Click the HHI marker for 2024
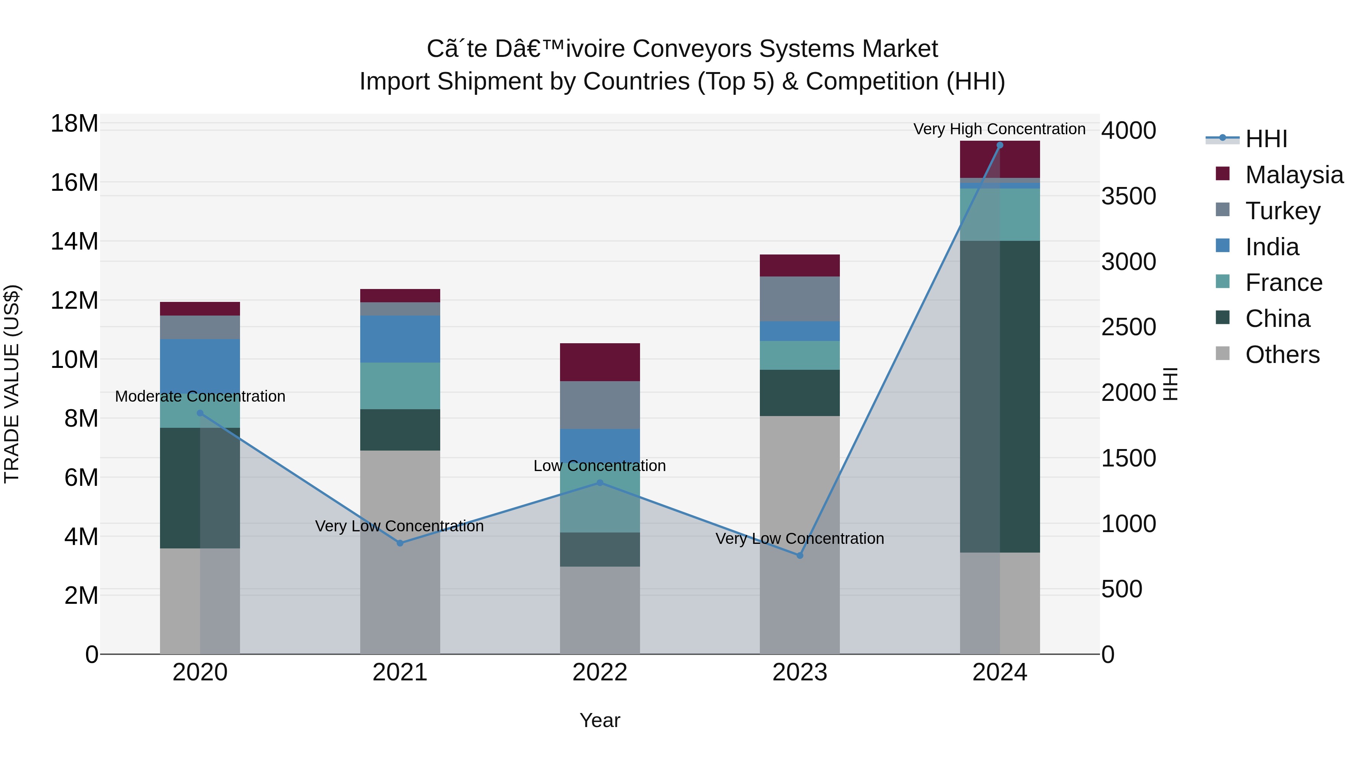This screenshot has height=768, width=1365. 999,145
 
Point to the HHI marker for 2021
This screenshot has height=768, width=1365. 400,543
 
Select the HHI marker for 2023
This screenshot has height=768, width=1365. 800,556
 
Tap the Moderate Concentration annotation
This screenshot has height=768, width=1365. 200,396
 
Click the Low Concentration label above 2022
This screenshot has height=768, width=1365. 599,466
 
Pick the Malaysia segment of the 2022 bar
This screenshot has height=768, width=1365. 599,362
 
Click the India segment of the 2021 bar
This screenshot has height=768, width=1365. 400,339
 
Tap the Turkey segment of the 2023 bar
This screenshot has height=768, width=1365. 800,298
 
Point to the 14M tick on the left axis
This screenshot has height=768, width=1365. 74,242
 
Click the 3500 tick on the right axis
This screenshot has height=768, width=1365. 1129,196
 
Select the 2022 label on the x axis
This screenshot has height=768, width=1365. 599,672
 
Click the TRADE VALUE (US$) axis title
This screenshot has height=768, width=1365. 12,384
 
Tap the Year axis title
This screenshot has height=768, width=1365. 599,720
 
